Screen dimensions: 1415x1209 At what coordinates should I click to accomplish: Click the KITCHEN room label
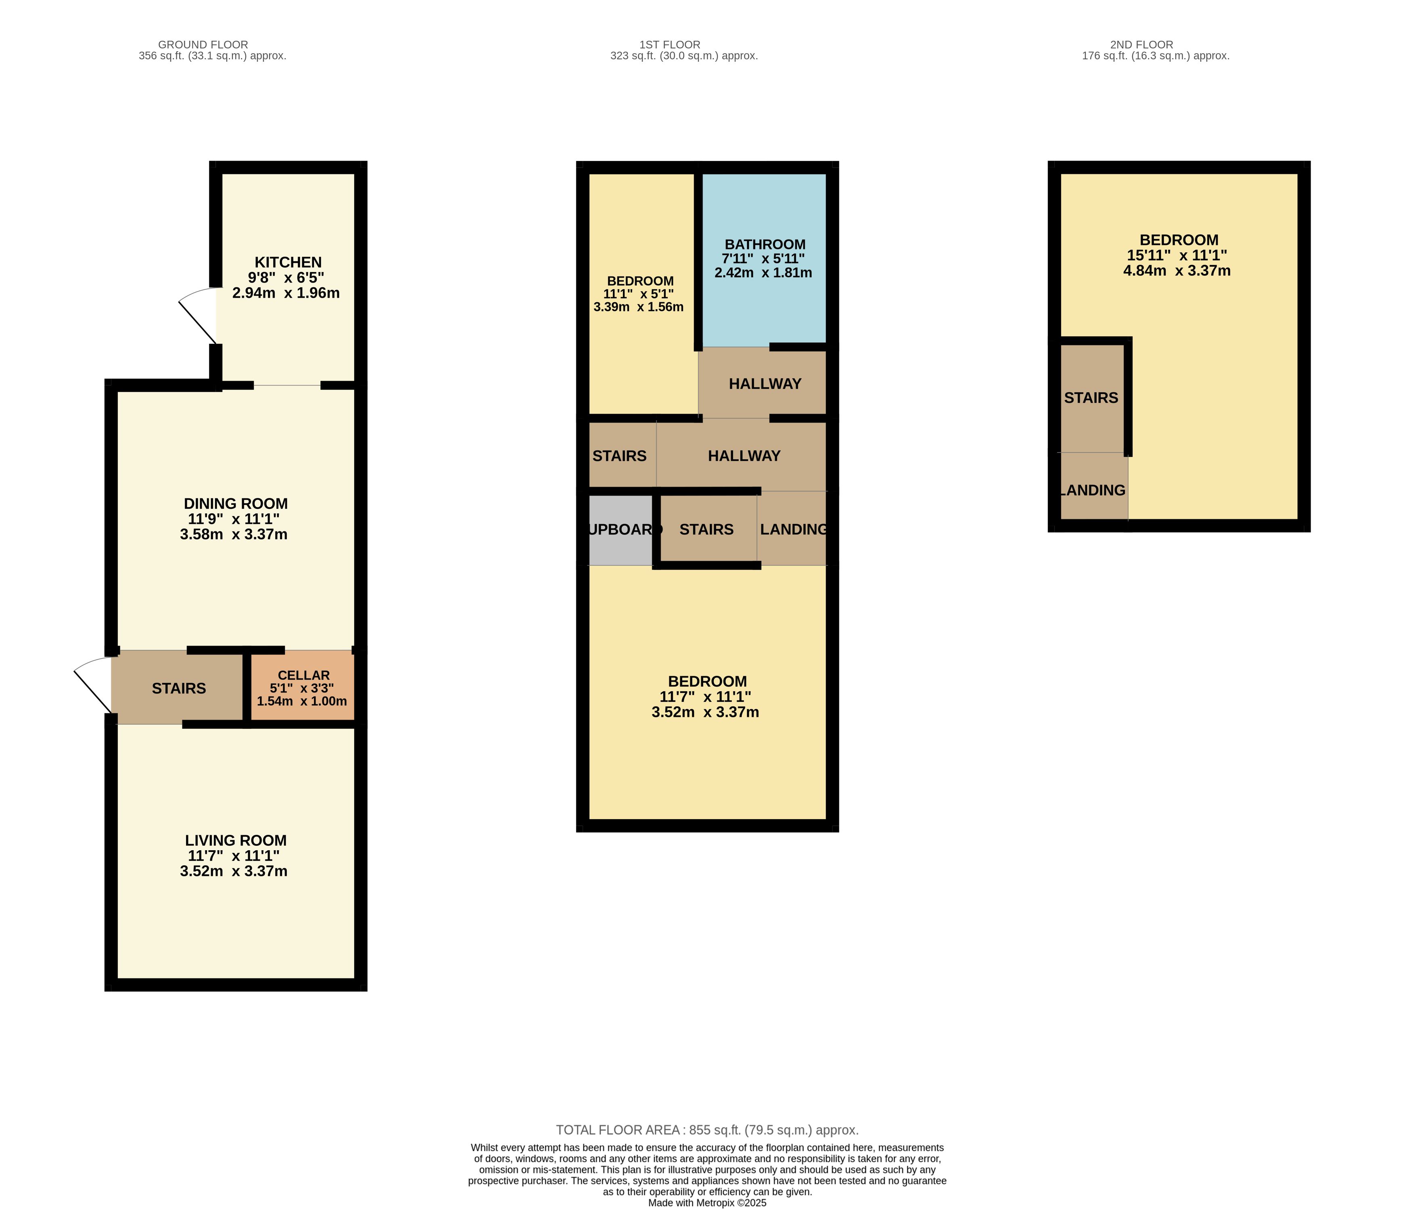pos(288,262)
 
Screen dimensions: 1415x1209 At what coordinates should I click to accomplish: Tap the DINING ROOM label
pos(236,503)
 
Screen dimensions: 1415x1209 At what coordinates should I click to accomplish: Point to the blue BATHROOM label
pos(765,245)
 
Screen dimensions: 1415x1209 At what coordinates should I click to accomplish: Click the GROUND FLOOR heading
pos(203,44)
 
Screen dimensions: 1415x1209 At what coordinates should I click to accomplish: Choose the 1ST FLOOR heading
pos(670,44)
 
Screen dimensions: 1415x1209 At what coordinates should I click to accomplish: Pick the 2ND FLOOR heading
pos(1142,44)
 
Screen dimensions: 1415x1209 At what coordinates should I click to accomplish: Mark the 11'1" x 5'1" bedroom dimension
pos(639,294)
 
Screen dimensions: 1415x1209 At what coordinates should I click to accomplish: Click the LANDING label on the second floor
pos(1093,490)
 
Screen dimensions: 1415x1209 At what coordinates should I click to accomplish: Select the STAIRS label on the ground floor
pos(179,688)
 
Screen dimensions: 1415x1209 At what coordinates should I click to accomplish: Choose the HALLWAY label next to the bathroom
pos(765,384)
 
